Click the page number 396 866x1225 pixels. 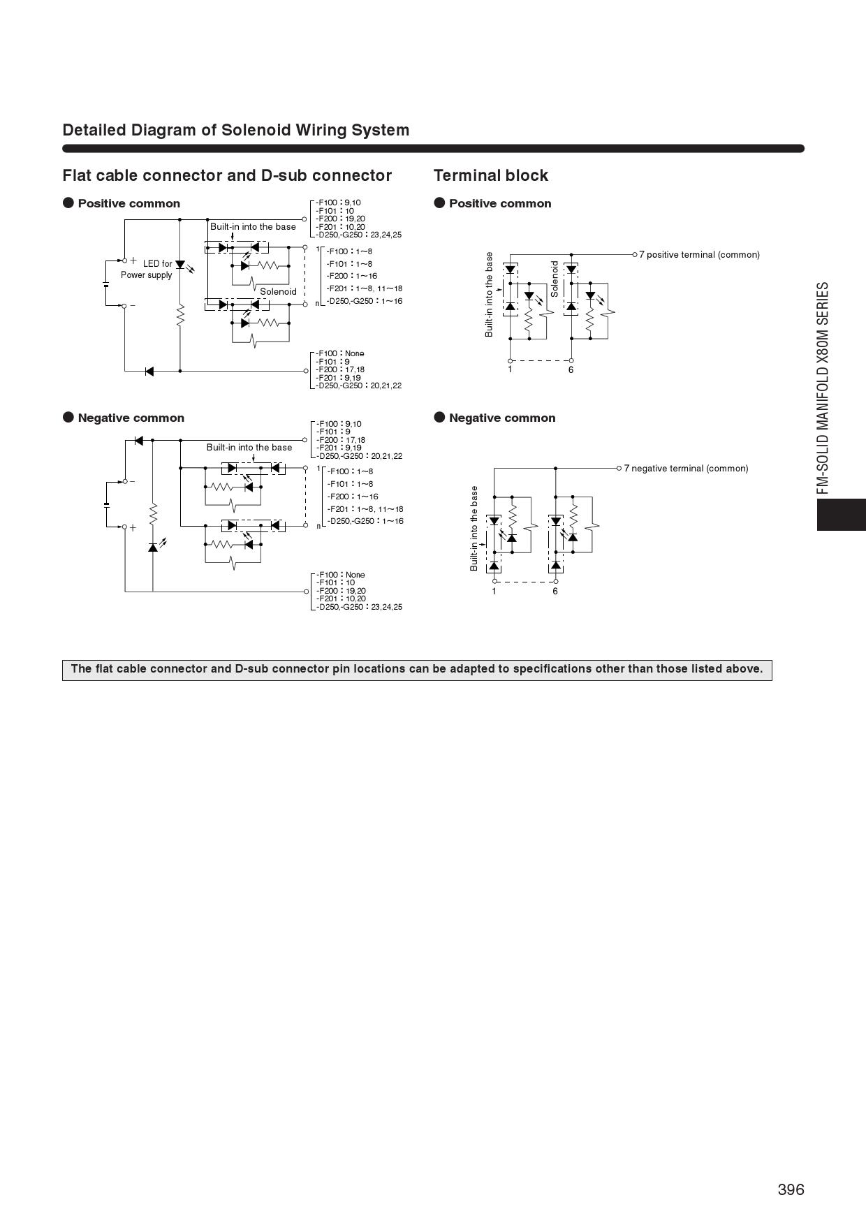pyautogui.click(x=791, y=1189)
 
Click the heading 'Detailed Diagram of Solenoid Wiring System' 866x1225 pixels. pyautogui.click(x=236, y=130)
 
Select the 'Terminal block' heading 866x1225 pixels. pyautogui.click(x=491, y=175)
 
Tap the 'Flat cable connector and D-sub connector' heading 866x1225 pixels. pyautogui.click(x=227, y=175)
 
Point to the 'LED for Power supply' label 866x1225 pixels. pyautogui.click(x=147, y=269)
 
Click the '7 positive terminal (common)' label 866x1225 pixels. pyautogui.click(x=699, y=255)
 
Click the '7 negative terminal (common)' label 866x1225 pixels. pyautogui.click(x=686, y=469)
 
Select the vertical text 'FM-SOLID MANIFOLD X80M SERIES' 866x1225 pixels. pyautogui.click(x=824, y=388)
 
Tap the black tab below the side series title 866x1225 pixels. pyautogui.click(x=841, y=515)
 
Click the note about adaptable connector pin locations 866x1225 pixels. pyautogui.click(x=417, y=669)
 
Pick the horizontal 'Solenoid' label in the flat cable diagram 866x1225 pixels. pyautogui.click(x=278, y=292)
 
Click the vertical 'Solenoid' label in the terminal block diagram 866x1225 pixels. pyautogui.click(x=555, y=279)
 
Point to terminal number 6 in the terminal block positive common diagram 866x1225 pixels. pyautogui.click(x=571, y=369)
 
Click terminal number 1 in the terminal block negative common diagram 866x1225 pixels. pyautogui.click(x=494, y=592)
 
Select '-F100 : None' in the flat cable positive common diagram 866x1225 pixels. pyautogui.click(x=340, y=353)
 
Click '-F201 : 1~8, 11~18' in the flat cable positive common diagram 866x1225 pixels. pyautogui.click(x=364, y=288)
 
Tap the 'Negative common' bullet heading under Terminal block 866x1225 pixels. pyautogui.click(x=501, y=418)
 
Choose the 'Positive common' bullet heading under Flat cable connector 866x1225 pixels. pyautogui.click(x=129, y=203)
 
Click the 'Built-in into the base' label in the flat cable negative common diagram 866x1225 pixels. pyautogui.click(x=249, y=448)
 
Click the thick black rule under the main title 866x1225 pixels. pyautogui.click(x=433, y=148)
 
